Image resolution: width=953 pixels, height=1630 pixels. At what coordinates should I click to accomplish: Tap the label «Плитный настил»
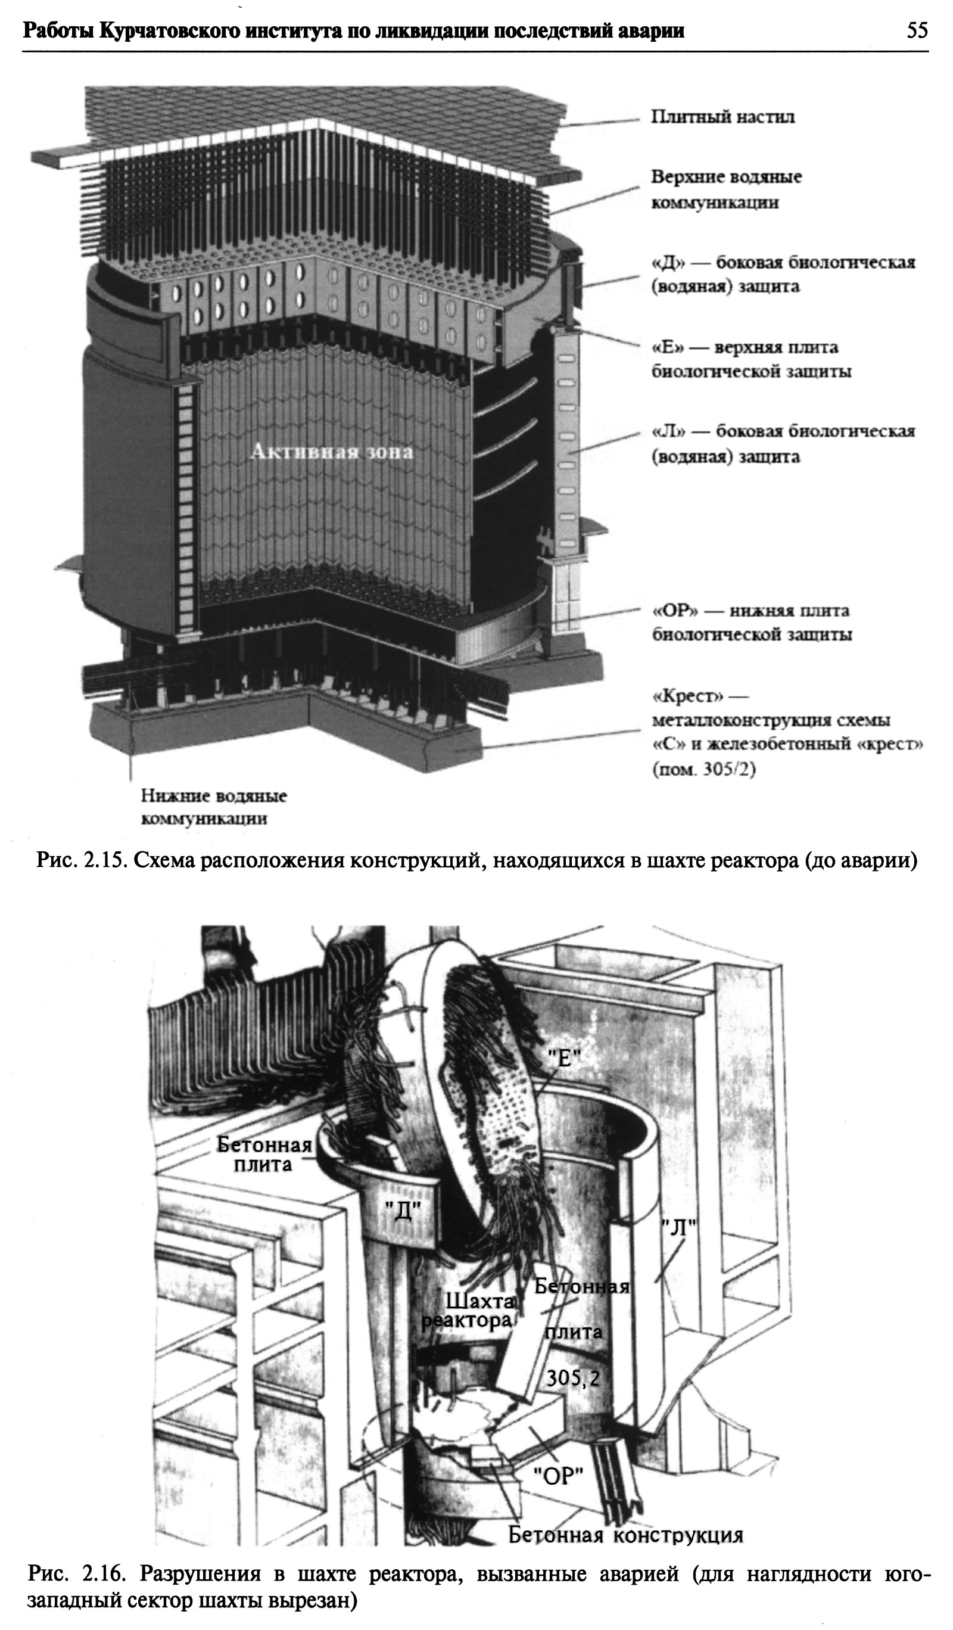tap(722, 117)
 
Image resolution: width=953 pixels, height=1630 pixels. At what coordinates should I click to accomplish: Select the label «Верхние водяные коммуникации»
tap(725, 189)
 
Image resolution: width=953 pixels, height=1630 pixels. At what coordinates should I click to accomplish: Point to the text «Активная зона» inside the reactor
tap(331, 452)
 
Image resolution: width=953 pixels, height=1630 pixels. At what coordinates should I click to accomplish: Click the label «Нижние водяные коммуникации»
tap(214, 807)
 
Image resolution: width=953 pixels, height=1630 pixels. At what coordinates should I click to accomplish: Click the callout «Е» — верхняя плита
tap(750, 360)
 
